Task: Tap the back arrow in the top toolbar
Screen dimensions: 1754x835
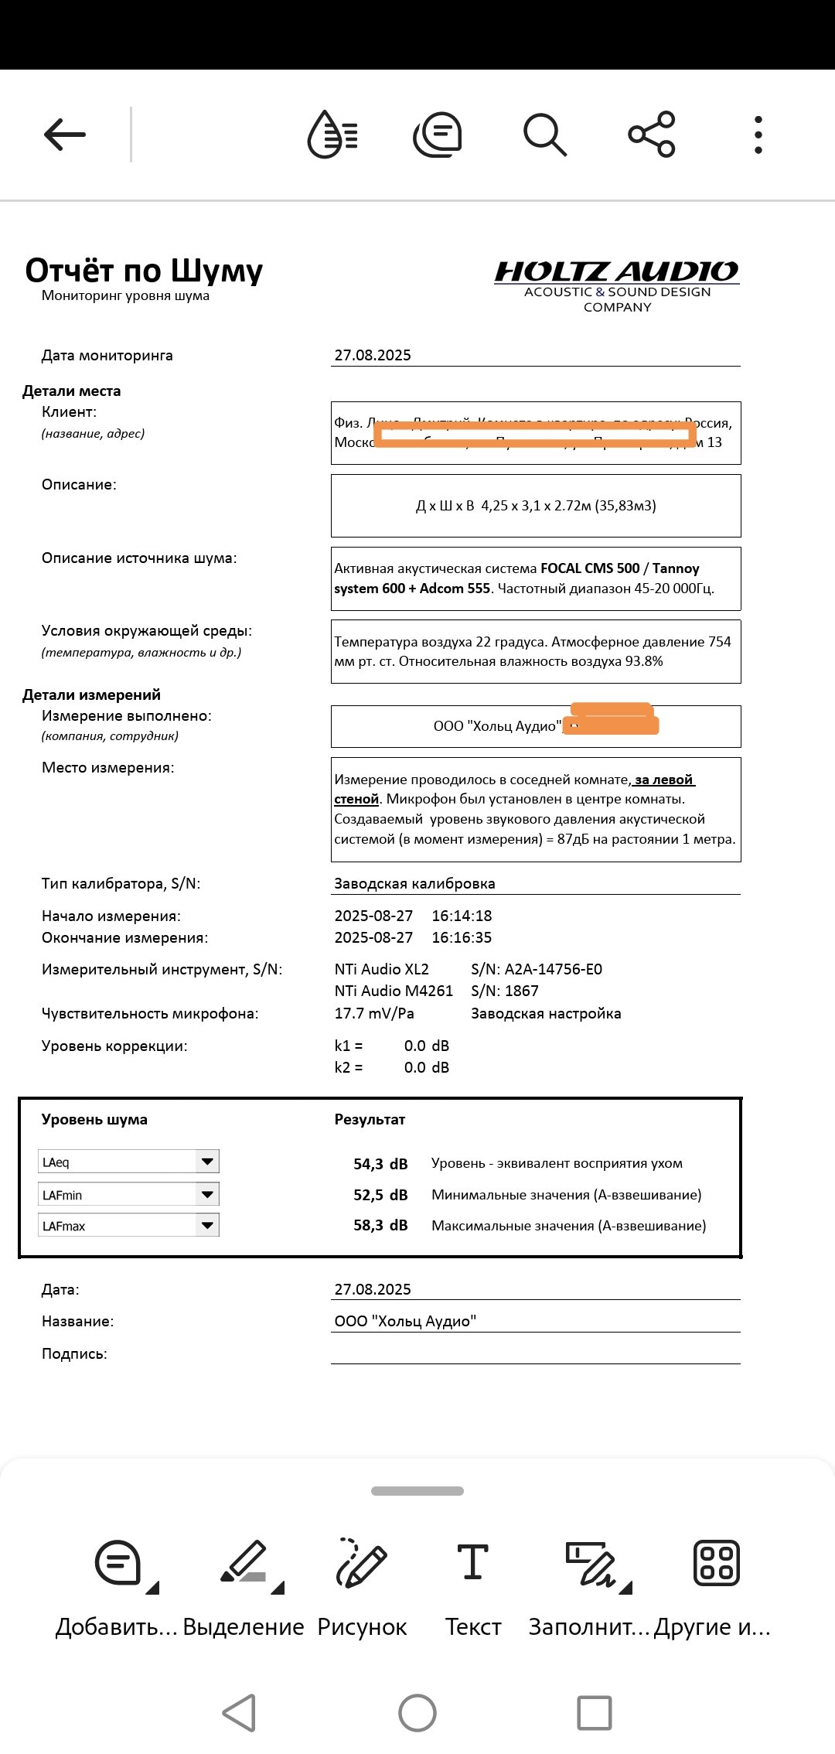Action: (65, 135)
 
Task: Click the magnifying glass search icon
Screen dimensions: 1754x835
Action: (545, 135)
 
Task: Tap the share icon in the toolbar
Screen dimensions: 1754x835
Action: (652, 135)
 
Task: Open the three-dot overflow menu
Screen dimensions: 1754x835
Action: (758, 135)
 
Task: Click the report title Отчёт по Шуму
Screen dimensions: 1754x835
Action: (144, 271)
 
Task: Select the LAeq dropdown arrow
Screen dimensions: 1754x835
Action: (207, 1162)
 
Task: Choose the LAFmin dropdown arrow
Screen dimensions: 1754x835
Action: (207, 1195)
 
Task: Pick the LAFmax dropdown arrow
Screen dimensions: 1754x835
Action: (207, 1226)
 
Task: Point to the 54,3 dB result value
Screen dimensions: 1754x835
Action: (380, 1164)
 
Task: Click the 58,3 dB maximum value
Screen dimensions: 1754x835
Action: (380, 1226)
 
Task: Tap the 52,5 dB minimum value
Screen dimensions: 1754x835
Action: (380, 1196)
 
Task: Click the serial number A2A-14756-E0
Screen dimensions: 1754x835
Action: (553, 970)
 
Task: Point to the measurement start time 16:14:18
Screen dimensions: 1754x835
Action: (462, 916)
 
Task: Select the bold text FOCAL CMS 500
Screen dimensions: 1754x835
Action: (590, 568)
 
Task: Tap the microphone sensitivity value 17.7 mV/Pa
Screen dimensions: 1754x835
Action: (374, 1014)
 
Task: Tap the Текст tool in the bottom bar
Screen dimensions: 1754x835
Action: (473, 1585)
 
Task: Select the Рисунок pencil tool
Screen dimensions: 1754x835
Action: (362, 1585)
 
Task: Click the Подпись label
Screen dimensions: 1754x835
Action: (74, 1354)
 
